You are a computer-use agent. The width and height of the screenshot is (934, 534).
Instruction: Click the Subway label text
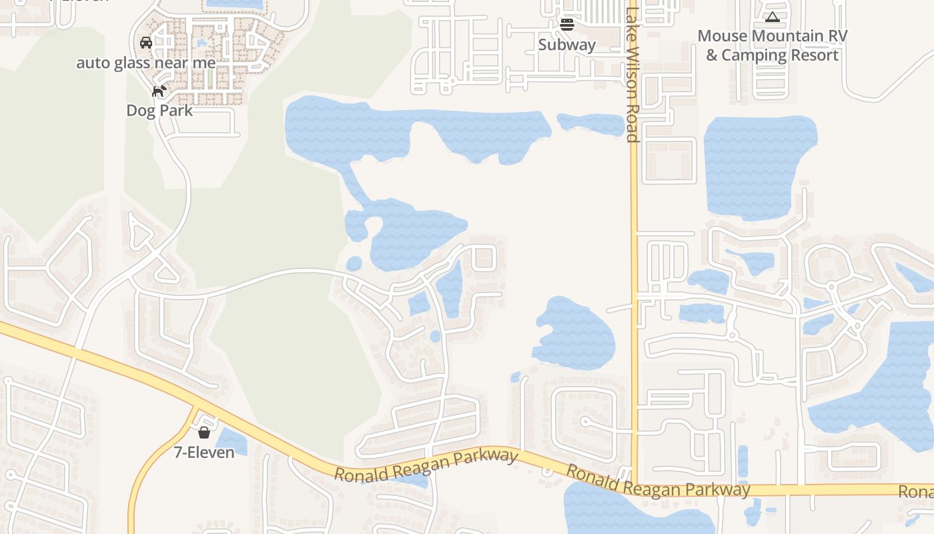coord(566,45)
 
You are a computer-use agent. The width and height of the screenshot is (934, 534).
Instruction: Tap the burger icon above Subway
coord(567,25)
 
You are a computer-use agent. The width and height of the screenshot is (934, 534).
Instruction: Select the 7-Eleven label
coord(204,452)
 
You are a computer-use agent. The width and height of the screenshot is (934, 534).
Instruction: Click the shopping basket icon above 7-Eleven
coord(204,433)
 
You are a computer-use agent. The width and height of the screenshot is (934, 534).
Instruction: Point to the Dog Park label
coord(159,110)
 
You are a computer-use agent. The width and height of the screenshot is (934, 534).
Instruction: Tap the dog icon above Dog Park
coord(159,91)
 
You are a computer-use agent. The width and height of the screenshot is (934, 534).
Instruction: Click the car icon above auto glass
coord(146,43)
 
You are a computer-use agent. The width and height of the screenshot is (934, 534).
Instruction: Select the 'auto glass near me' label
coord(146,63)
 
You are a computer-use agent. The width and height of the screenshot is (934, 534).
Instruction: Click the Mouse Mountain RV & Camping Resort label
coord(772,45)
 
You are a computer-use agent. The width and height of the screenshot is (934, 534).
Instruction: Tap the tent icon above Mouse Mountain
coord(772,17)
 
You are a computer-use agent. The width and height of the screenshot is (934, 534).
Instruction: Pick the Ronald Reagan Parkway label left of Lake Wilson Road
coord(426,466)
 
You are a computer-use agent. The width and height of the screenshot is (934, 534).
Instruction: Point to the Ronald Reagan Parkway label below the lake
coord(658,481)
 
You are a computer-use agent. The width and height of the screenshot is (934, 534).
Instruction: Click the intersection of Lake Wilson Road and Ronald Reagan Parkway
coord(634,486)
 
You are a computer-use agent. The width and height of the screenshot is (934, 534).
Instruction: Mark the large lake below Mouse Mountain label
coord(757,167)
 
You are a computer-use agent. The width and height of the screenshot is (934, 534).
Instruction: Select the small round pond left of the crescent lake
coord(354,264)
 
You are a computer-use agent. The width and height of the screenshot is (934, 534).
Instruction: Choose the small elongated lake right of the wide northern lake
coord(590,124)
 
